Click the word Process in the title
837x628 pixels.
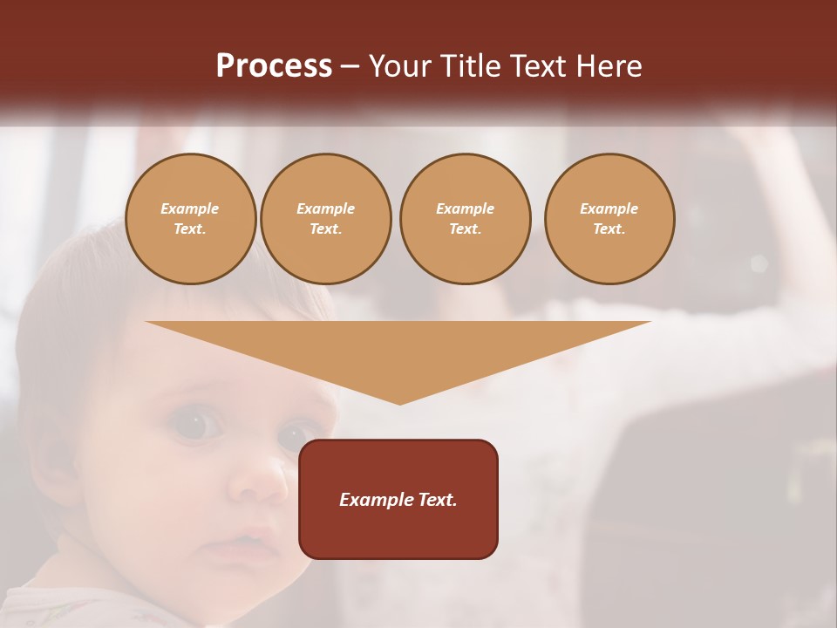pos(274,66)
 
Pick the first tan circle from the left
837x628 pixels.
pos(191,219)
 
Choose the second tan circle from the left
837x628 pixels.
pos(326,219)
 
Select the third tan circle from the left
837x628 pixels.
pos(465,219)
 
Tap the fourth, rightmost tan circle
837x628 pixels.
pos(609,219)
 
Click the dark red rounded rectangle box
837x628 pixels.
pos(398,499)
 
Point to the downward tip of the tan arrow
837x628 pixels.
pos(399,402)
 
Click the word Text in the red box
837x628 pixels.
pos(437,500)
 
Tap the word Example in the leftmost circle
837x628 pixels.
pos(190,208)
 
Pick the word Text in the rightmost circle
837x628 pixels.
pos(609,229)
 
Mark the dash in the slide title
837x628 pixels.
pos(350,66)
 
